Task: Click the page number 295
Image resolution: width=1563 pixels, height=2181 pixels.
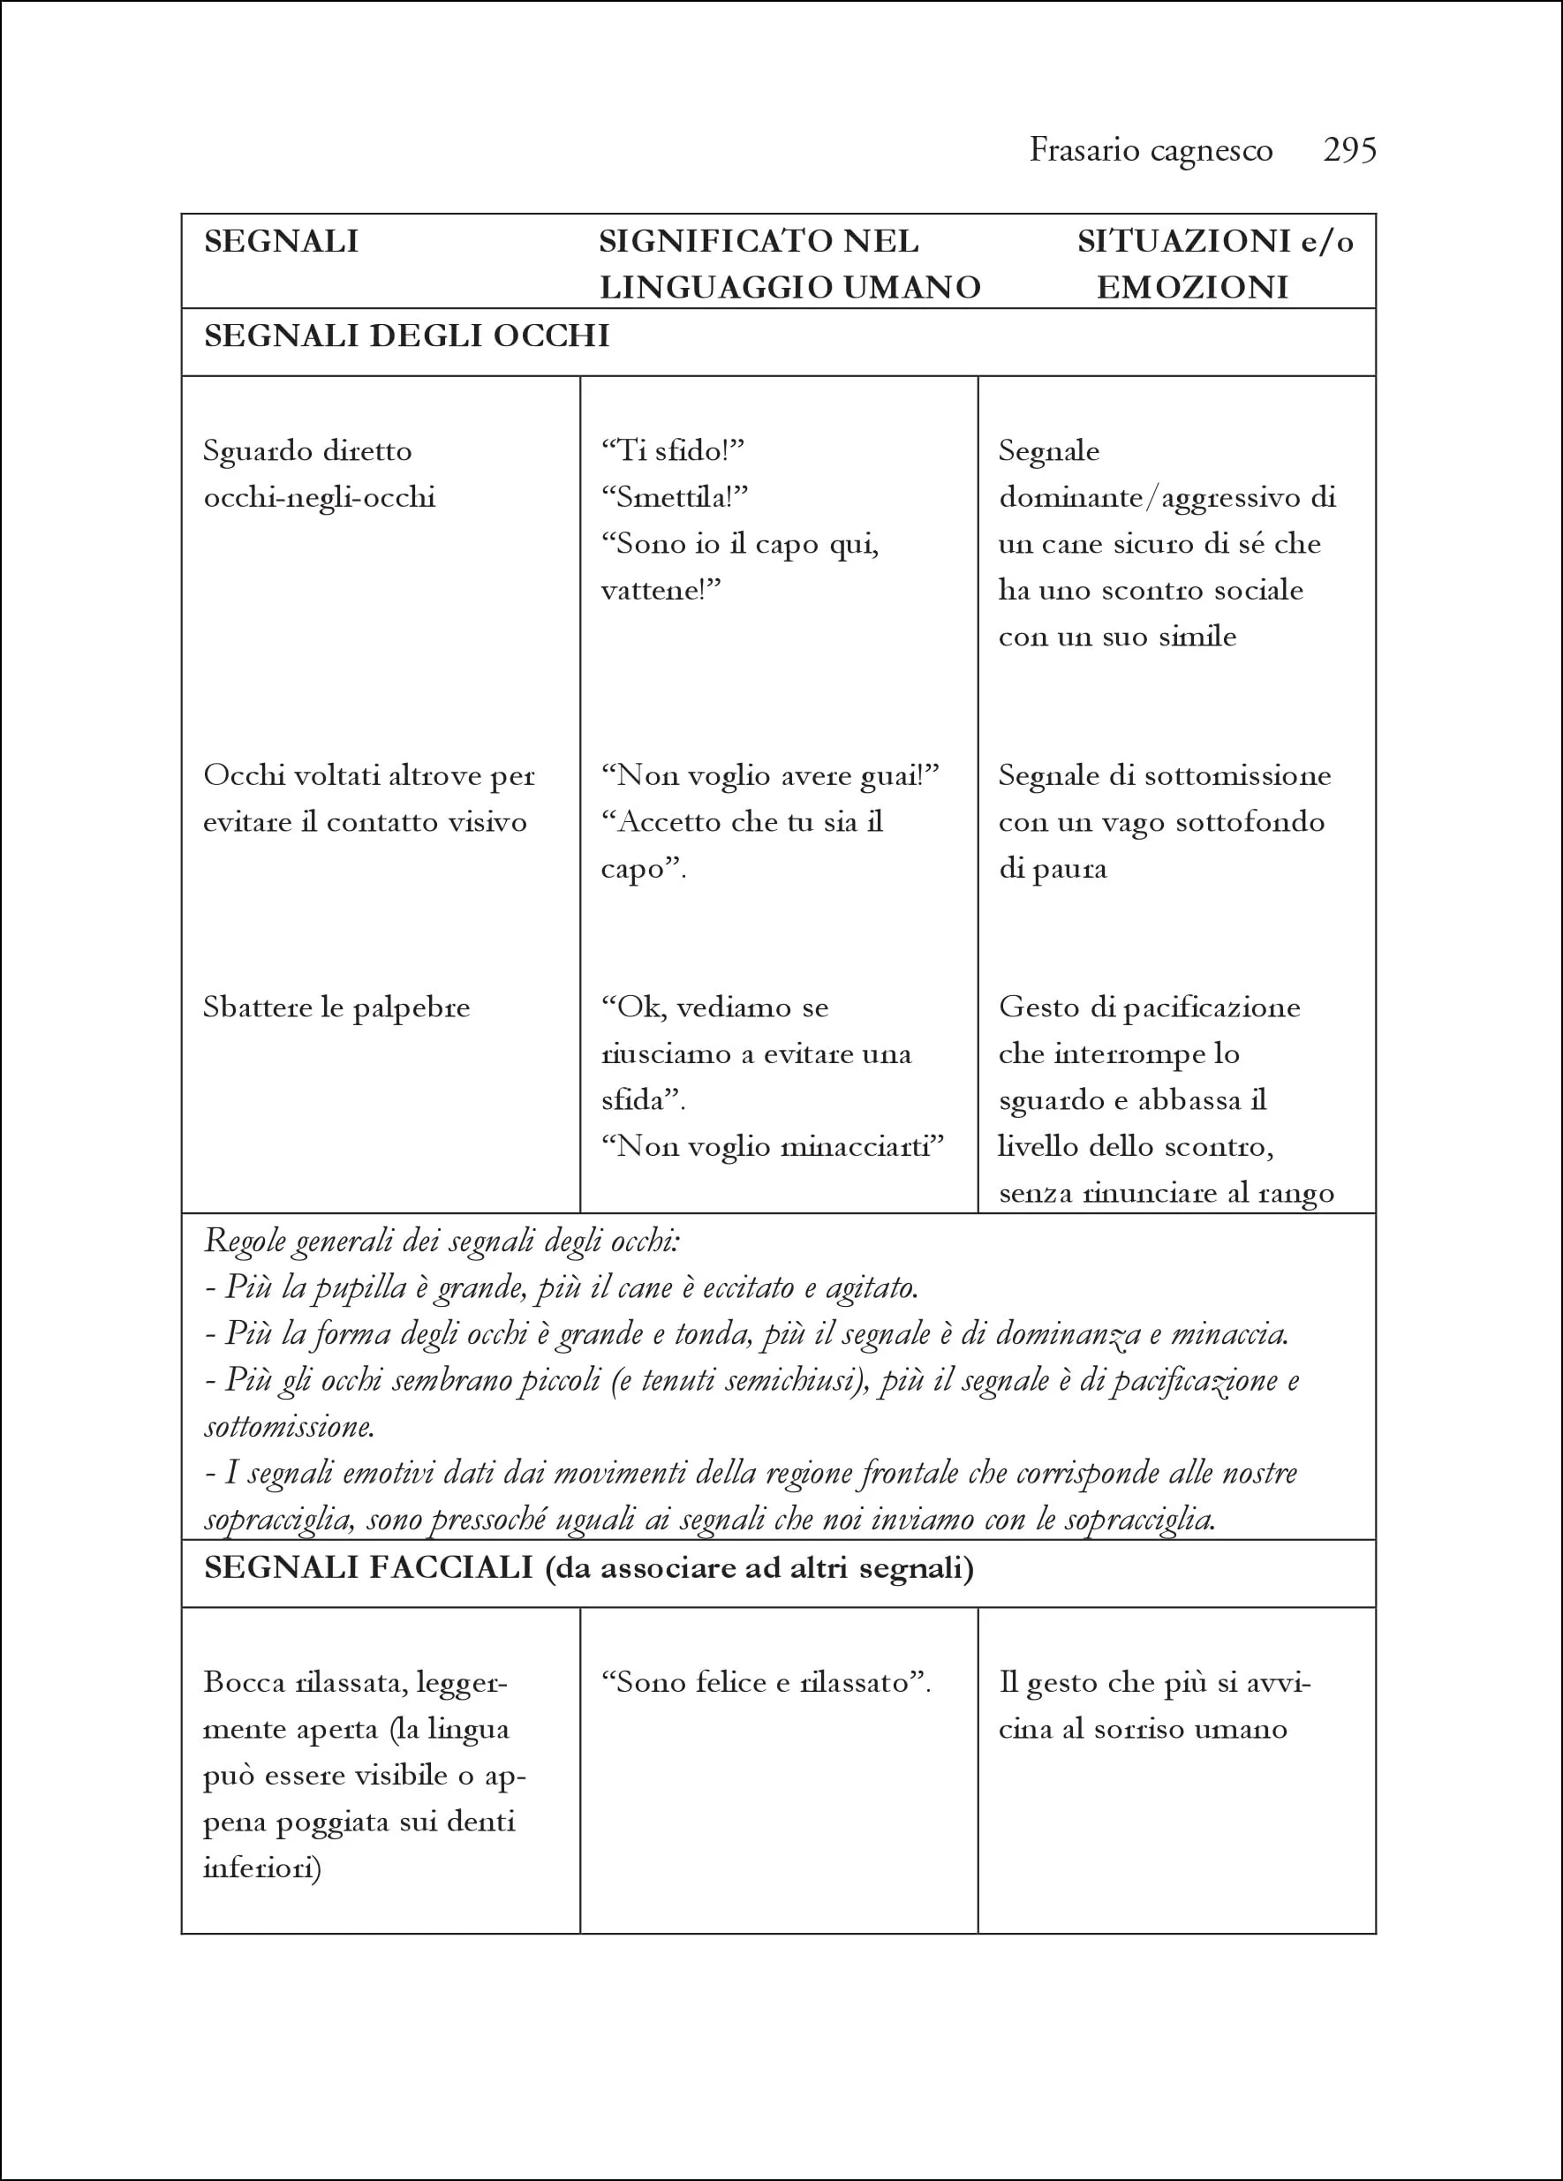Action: [x=1349, y=150]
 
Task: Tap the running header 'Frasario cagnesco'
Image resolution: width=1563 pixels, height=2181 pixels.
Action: [x=1151, y=150]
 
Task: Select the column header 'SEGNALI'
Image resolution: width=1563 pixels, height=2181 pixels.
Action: [x=281, y=241]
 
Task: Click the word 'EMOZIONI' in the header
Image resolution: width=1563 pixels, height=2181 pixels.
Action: [x=1192, y=288]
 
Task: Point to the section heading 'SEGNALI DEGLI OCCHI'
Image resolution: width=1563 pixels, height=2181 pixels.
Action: [x=407, y=336]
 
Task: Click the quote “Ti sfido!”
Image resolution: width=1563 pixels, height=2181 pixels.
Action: [x=672, y=451]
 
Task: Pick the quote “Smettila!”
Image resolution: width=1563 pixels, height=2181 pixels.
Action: [x=675, y=497]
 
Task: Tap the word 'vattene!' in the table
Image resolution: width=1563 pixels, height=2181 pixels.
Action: [x=661, y=590]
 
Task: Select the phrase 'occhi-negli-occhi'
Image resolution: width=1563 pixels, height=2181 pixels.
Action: [x=320, y=497]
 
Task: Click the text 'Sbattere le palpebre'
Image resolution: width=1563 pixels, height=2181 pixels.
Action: [x=336, y=1007]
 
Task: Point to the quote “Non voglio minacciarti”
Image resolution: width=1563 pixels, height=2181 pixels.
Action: [x=773, y=1146]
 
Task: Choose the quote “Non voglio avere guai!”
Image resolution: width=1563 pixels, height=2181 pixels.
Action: [x=769, y=775]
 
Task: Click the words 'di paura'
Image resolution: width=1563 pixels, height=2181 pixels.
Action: [x=1053, y=868]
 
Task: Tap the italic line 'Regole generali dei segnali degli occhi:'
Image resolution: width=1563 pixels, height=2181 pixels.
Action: [x=442, y=1241]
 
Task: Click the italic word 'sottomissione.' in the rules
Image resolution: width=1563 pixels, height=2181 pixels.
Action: [x=289, y=1426]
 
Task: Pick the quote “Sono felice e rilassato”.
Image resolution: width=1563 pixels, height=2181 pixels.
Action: [x=766, y=1682]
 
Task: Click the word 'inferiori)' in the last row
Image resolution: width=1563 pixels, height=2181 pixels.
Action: [x=261, y=1868]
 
